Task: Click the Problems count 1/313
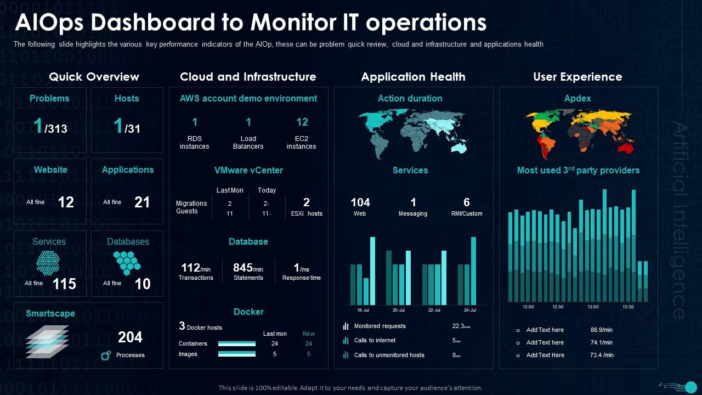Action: coord(50,127)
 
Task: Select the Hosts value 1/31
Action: coord(127,127)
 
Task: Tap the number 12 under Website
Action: coord(66,202)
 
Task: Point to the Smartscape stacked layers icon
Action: coord(48,341)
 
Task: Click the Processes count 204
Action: coord(130,337)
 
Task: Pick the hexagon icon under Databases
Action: coord(127,263)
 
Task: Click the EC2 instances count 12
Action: coord(302,122)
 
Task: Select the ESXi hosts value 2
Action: coord(307,202)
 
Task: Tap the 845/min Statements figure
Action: coord(248,268)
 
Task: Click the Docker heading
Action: coord(248,312)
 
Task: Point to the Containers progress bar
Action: coord(237,343)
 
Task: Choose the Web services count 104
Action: coord(360,202)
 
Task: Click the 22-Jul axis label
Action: coord(434,310)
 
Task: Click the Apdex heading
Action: coord(578,98)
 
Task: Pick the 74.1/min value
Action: coord(601,342)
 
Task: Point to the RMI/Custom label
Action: coord(466,213)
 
